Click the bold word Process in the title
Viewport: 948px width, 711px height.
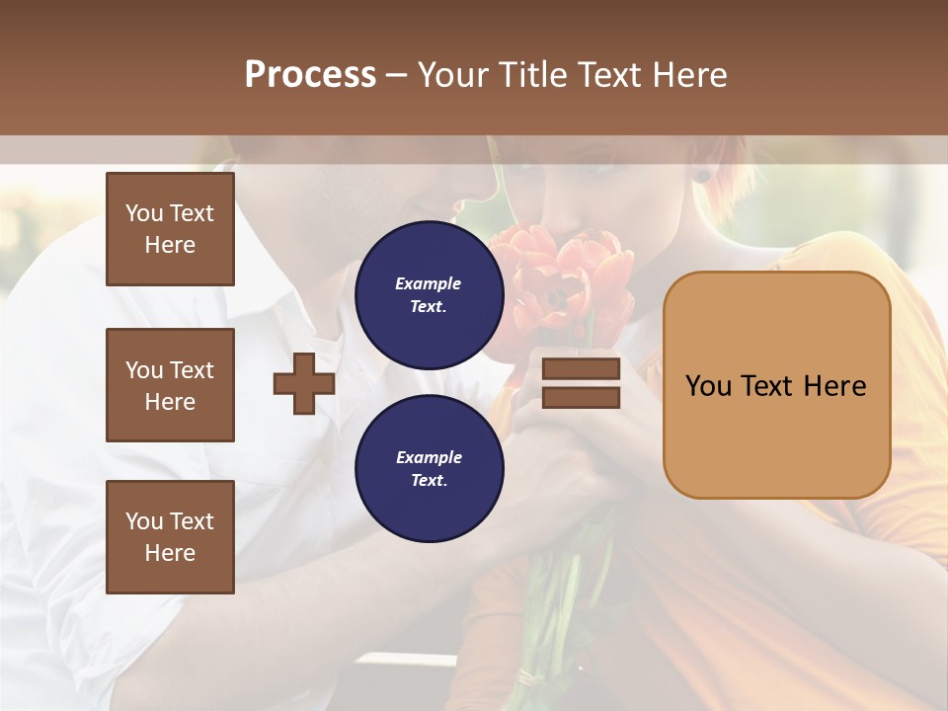pos(310,75)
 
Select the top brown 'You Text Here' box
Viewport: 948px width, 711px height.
pos(170,229)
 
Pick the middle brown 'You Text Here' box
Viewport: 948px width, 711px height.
pos(170,385)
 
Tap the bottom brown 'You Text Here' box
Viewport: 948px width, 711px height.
pos(170,537)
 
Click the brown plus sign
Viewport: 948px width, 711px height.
pos(304,383)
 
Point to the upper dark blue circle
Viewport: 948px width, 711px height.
pos(429,294)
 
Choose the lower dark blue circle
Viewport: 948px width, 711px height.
pos(429,468)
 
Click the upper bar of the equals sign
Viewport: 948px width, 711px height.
pos(581,369)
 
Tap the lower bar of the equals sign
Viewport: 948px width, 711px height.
pos(581,397)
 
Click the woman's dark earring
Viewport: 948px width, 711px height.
pos(701,177)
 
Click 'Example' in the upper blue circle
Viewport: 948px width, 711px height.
pos(429,283)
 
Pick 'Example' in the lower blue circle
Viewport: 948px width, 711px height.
pos(429,457)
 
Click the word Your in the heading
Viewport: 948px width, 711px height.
pos(453,75)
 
